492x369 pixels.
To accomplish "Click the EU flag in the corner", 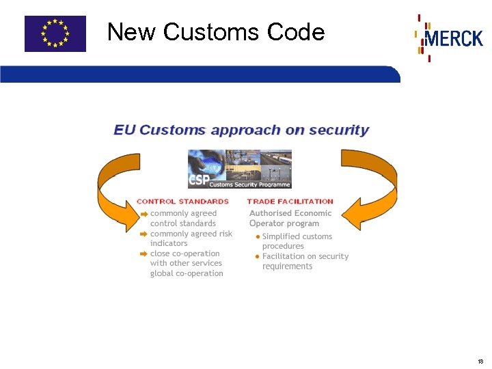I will (55, 33).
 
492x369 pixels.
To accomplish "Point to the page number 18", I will (481, 361).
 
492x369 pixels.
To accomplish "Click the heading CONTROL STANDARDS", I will (182, 202).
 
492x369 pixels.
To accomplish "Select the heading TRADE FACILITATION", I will (290, 202).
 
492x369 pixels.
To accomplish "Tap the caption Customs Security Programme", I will (249, 184).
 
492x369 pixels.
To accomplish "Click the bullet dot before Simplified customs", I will (257, 236).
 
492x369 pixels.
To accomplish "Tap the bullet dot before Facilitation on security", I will (257, 256).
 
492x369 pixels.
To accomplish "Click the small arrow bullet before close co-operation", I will (143, 254).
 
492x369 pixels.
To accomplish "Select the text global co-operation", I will (187, 273).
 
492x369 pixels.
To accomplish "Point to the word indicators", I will (169, 243).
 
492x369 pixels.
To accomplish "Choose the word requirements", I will (287, 266).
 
